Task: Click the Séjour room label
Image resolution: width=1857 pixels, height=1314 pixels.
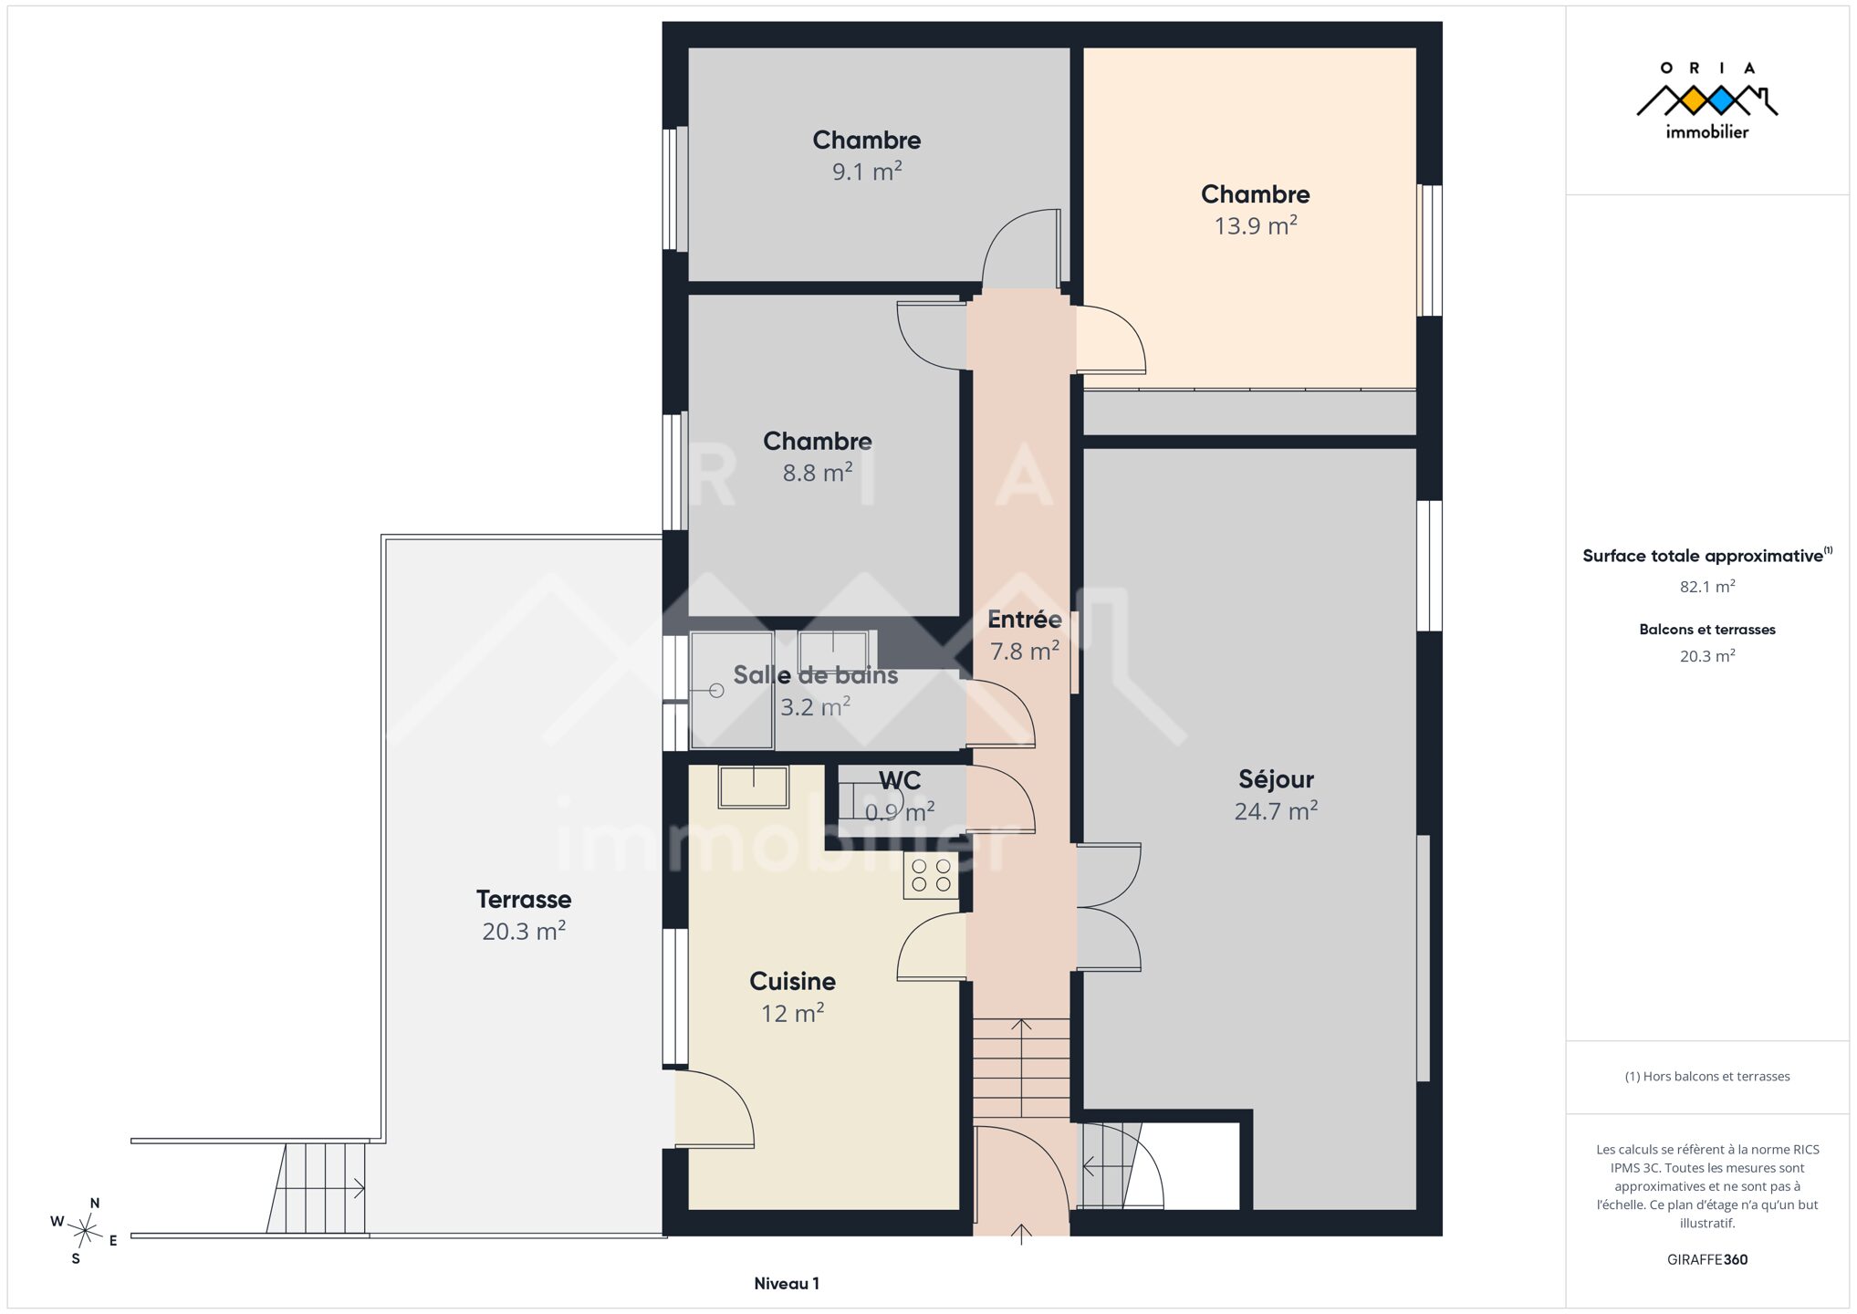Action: pyautogui.click(x=1276, y=779)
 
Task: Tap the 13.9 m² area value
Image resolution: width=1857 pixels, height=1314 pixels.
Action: pyautogui.click(x=1256, y=225)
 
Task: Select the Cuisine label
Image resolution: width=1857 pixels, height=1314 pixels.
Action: pyautogui.click(x=792, y=981)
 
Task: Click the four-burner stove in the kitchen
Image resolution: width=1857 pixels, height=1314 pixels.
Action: pyautogui.click(x=932, y=876)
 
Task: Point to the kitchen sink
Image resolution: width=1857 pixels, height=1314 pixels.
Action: pyautogui.click(x=753, y=787)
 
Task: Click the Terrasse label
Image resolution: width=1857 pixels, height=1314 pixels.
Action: pyautogui.click(x=524, y=899)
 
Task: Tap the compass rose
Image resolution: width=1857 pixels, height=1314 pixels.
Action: pyautogui.click(x=86, y=1232)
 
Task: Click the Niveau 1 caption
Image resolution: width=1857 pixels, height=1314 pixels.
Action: pyautogui.click(x=787, y=1284)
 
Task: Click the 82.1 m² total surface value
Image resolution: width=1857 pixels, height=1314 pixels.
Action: pyautogui.click(x=1707, y=587)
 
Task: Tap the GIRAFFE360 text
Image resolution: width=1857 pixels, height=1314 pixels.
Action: pyautogui.click(x=1707, y=1259)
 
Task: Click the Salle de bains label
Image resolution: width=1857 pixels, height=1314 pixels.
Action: pyautogui.click(x=816, y=675)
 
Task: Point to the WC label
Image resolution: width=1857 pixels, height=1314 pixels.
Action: pyautogui.click(x=900, y=780)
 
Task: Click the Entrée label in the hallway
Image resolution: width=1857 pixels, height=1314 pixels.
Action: pyautogui.click(x=1025, y=620)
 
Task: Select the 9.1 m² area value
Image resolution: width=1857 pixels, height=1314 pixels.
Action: pyautogui.click(x=867, y=172)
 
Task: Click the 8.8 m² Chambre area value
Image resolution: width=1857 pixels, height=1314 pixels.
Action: pyautogui.click(x=818, y=473)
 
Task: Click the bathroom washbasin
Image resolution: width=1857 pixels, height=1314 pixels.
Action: pyautogui.click(x=833, y=651)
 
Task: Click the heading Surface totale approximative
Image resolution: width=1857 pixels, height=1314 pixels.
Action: pyautogui.click(x=1703, y=556)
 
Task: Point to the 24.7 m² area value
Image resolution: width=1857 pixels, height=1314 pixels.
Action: pyautogui.click(x=1276, y=811)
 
